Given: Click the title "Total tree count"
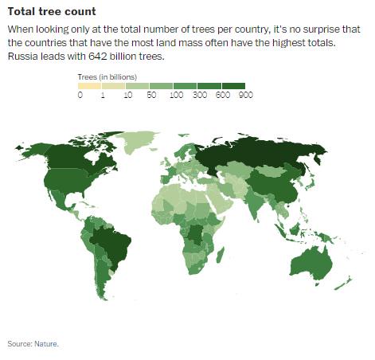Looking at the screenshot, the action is [x=52, y=12].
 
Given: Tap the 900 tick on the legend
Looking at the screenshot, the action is [x=244, y=96].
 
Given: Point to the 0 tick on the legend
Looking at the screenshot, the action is [x=80, y=96].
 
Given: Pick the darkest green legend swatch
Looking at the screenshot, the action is [x=232, y=85].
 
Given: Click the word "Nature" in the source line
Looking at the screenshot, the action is [x=45, y=343].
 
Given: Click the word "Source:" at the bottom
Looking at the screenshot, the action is [x=19, y=343].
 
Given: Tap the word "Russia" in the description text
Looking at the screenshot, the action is [x=25, y=57].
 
